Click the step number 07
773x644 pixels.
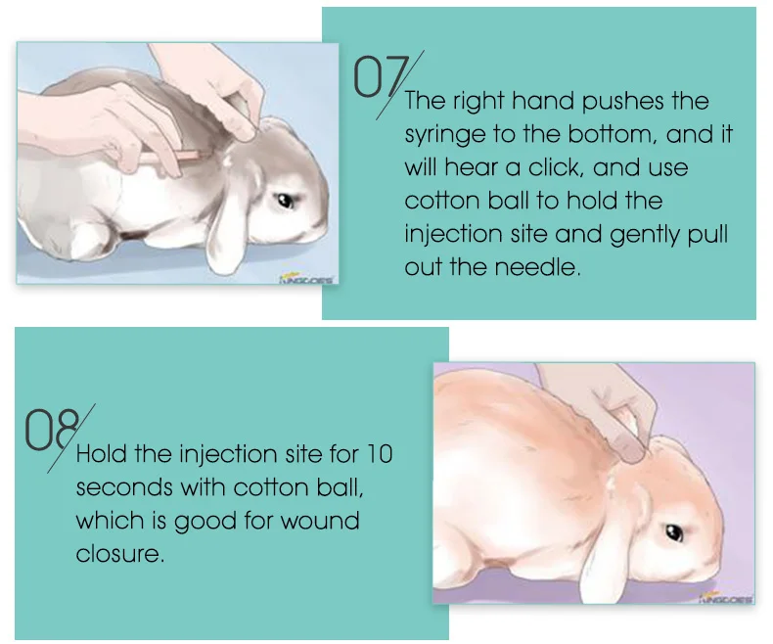(x=375, y=77)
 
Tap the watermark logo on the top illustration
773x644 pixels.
(x=306, y=278)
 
